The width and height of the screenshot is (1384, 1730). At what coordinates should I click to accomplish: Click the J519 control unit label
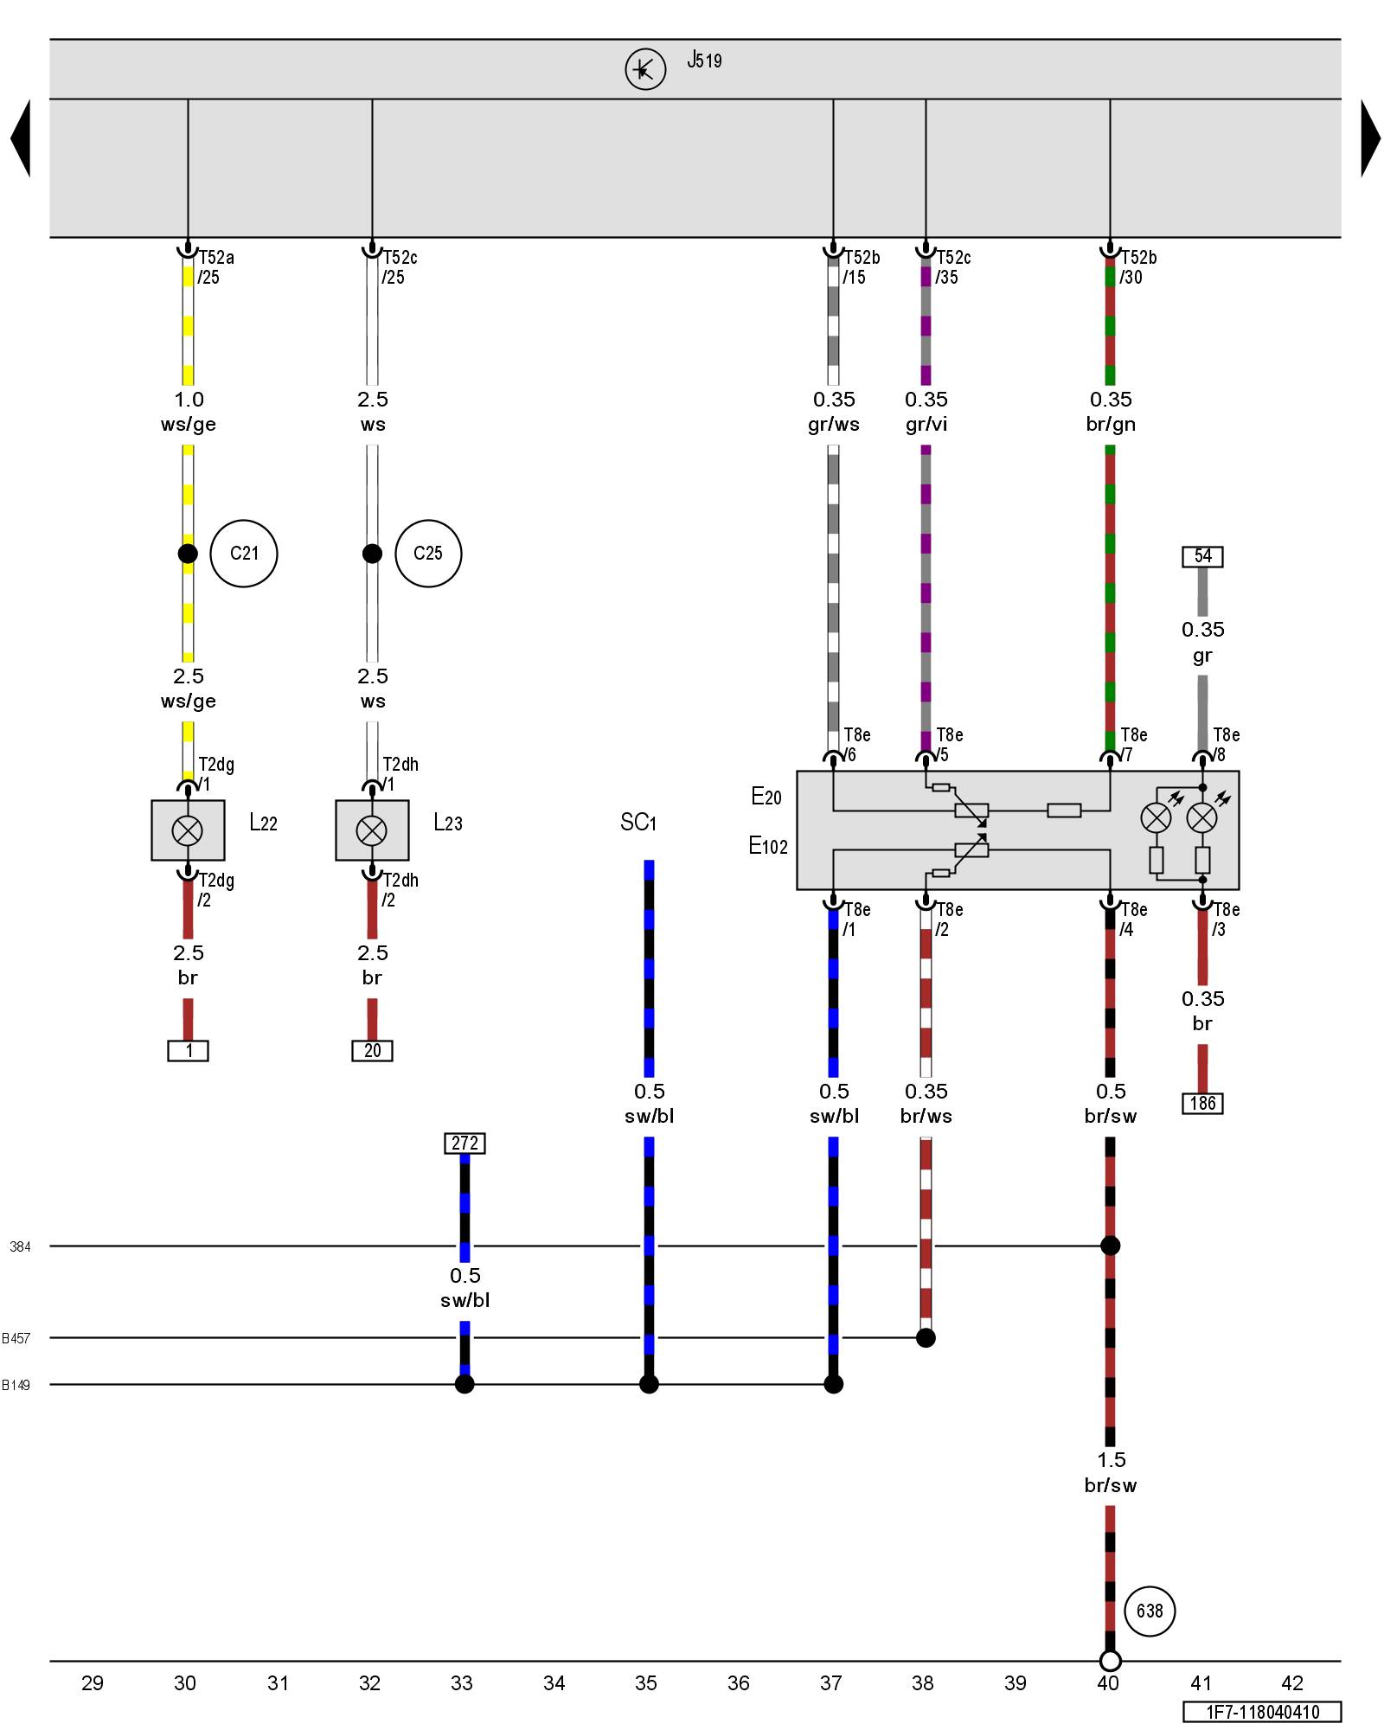coord(704,61)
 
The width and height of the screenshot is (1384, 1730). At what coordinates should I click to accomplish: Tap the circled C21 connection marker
coord(244,554)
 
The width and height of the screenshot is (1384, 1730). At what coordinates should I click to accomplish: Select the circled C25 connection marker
coord(428,554)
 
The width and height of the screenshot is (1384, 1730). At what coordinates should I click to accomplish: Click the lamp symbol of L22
coord(188,830)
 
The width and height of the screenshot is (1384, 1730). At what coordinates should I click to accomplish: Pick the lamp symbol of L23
coord(372,830)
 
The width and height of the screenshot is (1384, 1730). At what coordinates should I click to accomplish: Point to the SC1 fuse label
coord(638,823)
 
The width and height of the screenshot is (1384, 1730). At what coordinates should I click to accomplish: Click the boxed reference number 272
coord(465,1144)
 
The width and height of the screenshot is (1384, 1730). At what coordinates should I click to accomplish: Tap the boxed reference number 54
coord(1202,556)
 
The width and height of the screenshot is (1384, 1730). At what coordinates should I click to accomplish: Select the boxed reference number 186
coord(1202,1104)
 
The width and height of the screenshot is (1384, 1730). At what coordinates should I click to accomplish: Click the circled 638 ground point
coord(1150,1611)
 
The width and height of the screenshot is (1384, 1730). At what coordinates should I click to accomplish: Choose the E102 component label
coord(768,846)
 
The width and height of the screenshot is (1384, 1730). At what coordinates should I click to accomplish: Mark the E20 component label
coord(766,797)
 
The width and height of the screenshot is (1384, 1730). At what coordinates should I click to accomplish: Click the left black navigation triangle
coord(21,138)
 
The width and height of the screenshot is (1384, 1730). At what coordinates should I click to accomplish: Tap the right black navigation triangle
coord(1370,138)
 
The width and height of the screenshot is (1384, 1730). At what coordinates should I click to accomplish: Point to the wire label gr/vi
coord(926,425)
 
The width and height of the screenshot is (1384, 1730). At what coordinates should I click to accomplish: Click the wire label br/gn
coord(1111,425)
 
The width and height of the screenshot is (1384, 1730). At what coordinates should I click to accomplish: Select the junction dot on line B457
coord(926,1338)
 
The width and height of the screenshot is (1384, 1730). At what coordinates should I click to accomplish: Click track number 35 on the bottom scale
coord(646,1683)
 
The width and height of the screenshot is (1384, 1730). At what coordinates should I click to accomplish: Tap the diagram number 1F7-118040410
coord(1263,1712)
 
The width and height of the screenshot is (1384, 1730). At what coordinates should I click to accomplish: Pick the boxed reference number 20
coord(372,1051)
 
